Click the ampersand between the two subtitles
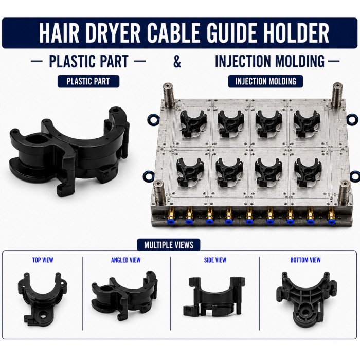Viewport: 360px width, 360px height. (x=177, y=61)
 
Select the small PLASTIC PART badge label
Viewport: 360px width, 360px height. (x=88, y=81)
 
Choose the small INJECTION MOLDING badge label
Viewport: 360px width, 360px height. (x=265, y=81)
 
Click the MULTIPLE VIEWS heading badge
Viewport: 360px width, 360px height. (x=169, y=245)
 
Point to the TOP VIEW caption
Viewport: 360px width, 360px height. (x=43, y=260)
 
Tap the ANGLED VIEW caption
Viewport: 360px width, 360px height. (x=125, y=260)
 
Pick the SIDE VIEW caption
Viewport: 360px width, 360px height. (x=215, y=260)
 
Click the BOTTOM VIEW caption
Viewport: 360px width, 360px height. (x=305, y=260)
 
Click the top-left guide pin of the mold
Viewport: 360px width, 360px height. (x=169, y=95)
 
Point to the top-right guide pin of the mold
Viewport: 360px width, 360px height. (x=338, y=95)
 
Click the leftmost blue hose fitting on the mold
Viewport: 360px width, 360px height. (x=169, y=221)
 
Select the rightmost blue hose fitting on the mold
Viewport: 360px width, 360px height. (x=331, y=222)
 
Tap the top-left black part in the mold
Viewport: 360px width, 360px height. (x=193, y=123)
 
